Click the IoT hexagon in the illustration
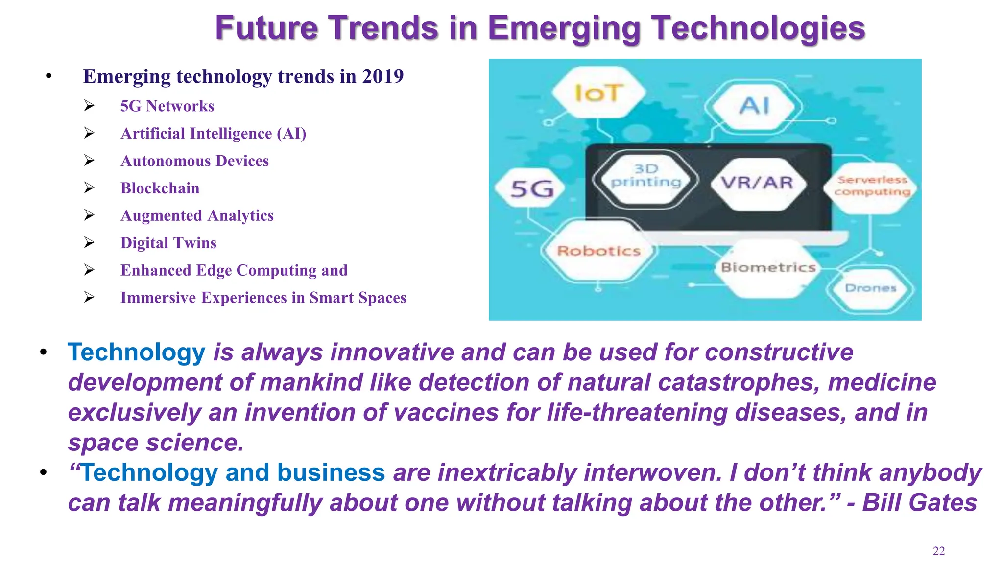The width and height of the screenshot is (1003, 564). (598, 93)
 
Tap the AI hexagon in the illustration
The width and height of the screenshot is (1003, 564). (755, 106)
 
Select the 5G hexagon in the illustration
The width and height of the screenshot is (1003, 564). (531, 188)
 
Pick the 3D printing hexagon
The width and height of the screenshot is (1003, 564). (645, 176)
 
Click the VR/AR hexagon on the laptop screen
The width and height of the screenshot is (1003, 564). (757, 183)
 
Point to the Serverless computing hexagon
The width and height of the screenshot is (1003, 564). (872, 187)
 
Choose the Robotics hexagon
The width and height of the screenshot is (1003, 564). (599, 251)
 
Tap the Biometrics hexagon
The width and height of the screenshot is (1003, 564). (768, 267)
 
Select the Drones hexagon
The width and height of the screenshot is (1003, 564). (870, 288)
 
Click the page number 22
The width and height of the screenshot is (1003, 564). (938, 551)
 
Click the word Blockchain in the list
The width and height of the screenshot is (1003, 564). (160, 188)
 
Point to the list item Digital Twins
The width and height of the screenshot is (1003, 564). (168, 243)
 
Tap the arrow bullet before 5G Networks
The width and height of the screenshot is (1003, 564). (89, 106)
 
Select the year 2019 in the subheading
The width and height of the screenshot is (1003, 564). (382, 76)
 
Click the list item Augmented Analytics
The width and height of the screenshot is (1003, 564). (196, 215)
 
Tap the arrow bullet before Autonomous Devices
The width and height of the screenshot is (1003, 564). (89, 161)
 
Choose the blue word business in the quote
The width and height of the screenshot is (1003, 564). (331, 472)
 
